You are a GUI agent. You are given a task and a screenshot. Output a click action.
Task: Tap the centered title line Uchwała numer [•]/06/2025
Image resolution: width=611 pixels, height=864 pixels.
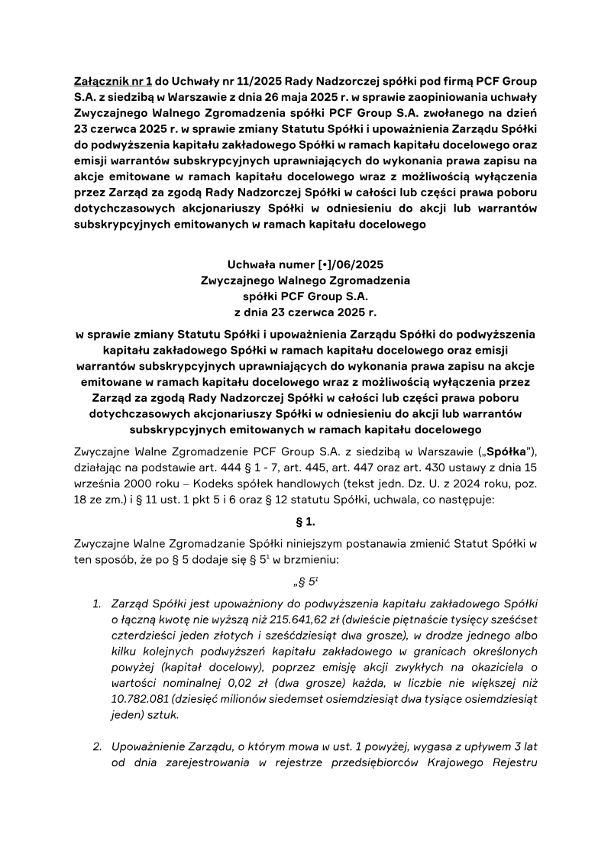click(305, 265)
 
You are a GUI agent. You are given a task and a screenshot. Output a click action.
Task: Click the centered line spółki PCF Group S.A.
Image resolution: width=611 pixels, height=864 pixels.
click(305, 296)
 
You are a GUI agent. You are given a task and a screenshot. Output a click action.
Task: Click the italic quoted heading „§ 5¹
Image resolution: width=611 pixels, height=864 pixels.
click(305, 581)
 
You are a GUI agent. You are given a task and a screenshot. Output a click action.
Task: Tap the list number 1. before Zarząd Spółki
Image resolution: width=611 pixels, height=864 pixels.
click(97, 604)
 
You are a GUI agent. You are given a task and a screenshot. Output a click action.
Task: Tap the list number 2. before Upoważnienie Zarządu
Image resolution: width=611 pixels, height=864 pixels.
click(97, 745)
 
